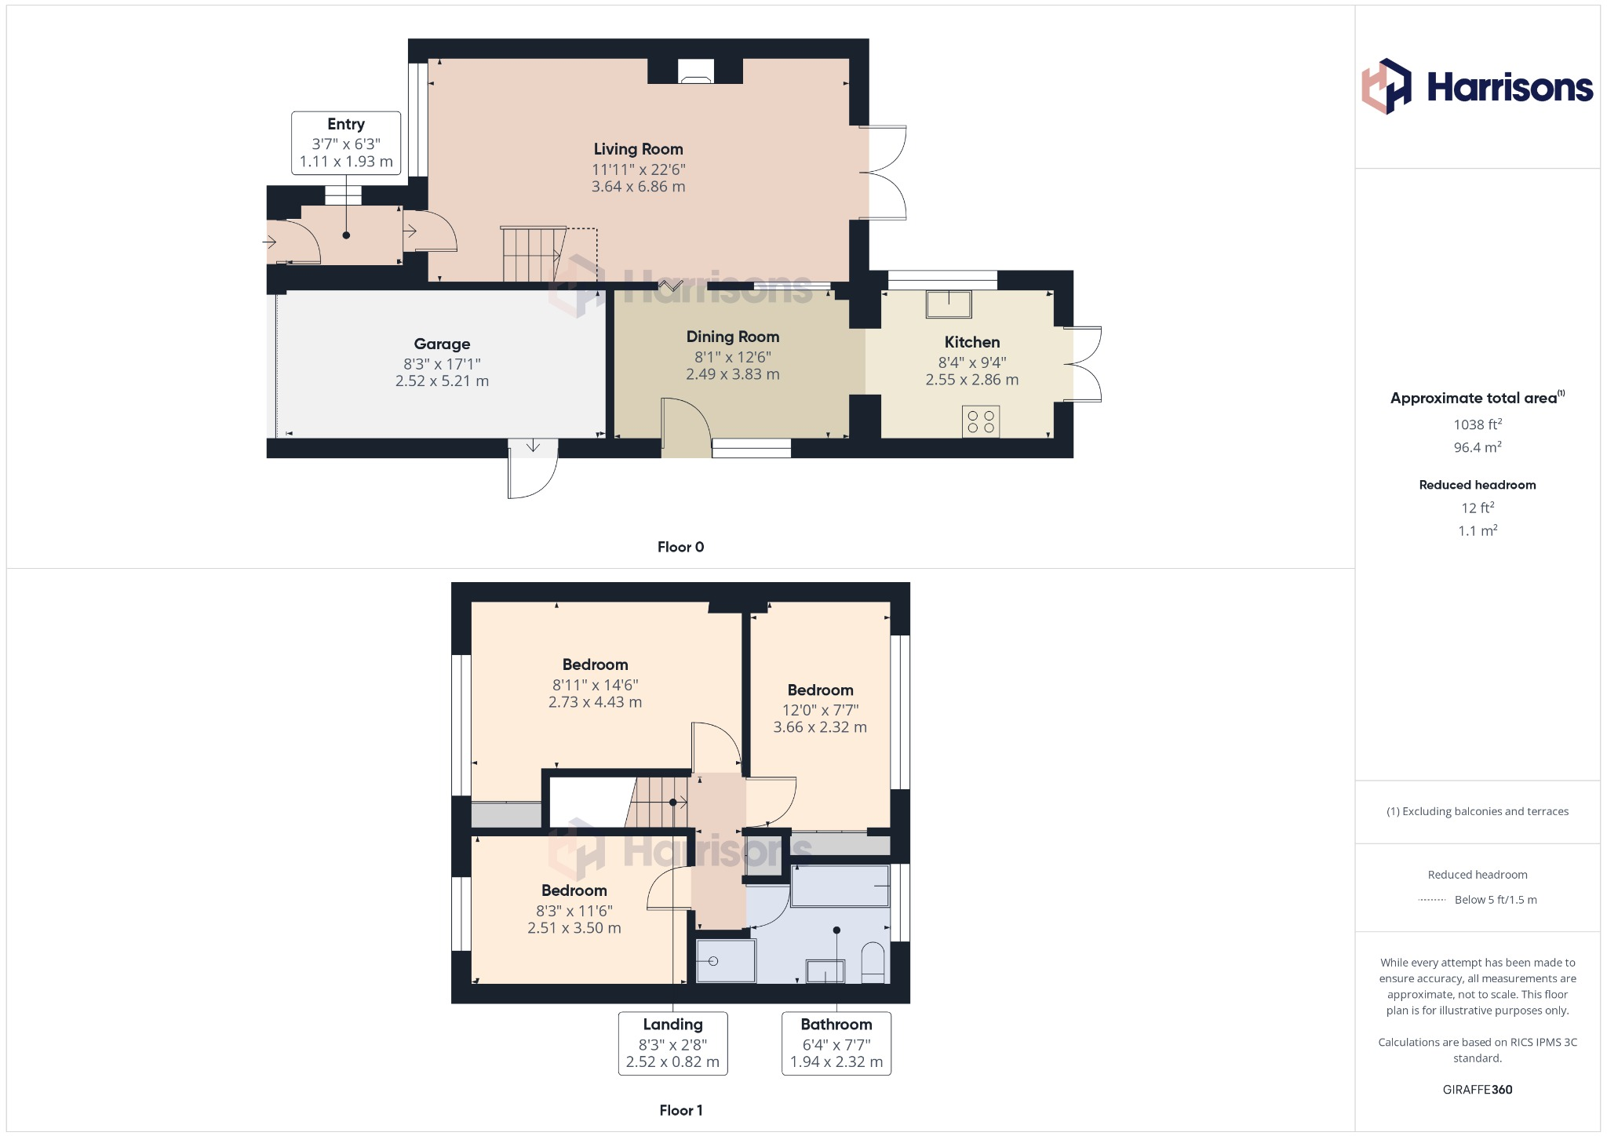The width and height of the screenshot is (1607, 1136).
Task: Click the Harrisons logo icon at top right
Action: tap(1386, 86)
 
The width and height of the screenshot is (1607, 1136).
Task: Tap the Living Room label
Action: tap(638, 149)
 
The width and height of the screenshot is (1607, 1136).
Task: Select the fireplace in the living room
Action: tap(695, 71)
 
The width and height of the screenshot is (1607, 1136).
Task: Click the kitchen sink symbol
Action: tap(949, 304)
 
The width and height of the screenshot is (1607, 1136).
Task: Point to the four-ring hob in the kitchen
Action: tap(981, 421)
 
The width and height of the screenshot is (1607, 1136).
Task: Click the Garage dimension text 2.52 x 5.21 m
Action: tap(442, 381)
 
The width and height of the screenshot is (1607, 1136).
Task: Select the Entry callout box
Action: tap(346, 143)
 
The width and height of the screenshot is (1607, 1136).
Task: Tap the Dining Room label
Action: tap(732, 337)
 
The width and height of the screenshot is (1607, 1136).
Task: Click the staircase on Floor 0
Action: tap(532, 254)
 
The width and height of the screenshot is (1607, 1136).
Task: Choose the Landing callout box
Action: tap(672, 1043)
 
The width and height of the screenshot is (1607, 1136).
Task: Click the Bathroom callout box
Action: tap(836, 1043)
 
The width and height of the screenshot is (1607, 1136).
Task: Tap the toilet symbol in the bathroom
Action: tap(873, 963)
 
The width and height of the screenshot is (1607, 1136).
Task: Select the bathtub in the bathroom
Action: tap(840, 886)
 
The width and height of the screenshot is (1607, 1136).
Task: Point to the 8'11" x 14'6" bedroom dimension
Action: tap(595, 685)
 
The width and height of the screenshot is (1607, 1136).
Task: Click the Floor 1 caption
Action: tap(680, 1110)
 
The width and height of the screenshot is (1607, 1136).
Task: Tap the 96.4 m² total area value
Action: tap(1477, 447)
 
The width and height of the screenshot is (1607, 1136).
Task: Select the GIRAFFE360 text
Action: tap(1477, 1089)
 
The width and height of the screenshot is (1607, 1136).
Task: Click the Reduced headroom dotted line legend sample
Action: tap(1432, 900)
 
